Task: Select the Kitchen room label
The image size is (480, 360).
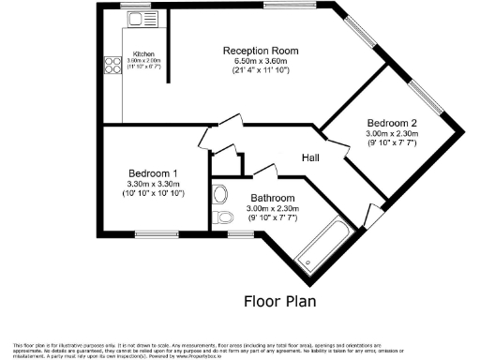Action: tap(143, 54)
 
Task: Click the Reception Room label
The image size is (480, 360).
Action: tap(261, 51)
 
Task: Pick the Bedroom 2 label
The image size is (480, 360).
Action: tap(392, 124)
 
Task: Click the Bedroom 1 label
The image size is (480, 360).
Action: tap(152, 173)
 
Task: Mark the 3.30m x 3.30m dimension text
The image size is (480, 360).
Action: tap(152, 184)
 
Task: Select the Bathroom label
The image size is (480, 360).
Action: tap(273, 199)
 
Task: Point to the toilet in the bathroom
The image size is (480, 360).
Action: tap(222, 217)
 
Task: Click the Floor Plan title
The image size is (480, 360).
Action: tap(279, 301)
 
